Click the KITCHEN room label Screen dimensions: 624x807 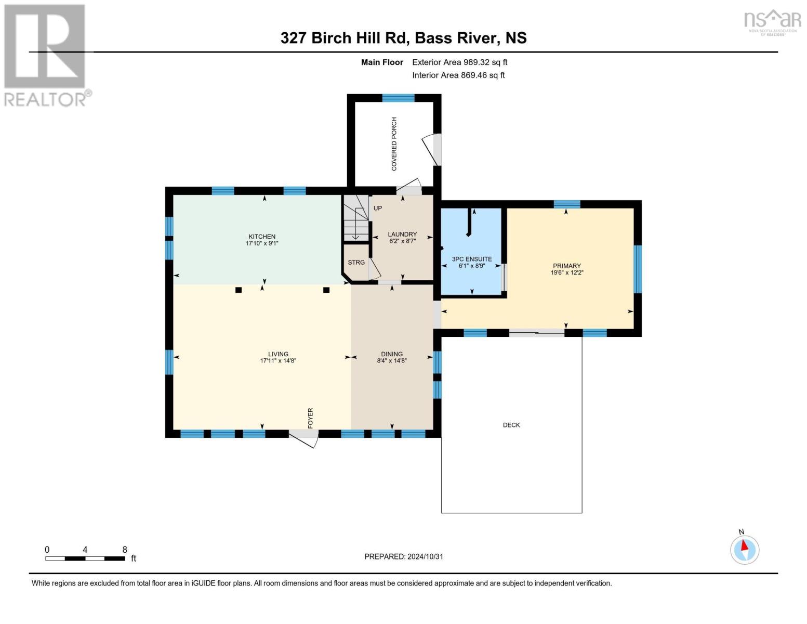262,237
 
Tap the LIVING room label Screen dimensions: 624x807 278,354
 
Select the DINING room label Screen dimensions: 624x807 392,354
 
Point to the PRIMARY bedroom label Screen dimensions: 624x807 566,266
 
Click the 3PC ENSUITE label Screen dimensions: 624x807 471,259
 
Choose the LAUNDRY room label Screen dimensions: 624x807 402,235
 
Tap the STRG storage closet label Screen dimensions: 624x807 356,263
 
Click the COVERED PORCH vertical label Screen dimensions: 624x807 394,144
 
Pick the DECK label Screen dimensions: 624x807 511,425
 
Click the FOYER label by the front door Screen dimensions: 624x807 311,418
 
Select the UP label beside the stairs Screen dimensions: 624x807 378,208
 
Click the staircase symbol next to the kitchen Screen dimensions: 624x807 355,218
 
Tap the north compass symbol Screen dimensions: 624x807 745,549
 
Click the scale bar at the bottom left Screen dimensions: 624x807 85,558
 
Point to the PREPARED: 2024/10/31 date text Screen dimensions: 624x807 404,556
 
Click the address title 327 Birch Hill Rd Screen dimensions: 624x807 403,38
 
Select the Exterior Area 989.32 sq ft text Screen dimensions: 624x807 459,62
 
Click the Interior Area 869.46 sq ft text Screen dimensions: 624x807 458,75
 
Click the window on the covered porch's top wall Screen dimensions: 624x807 399,98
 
